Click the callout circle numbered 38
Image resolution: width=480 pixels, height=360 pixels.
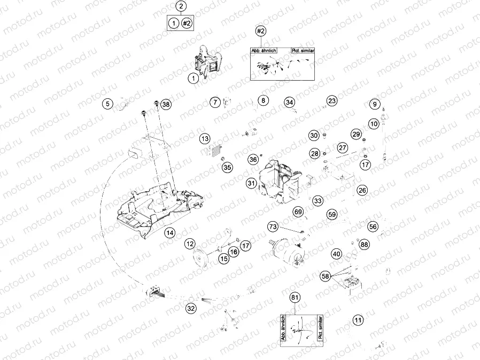[166, 105]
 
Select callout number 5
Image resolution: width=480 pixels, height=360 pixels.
[108, 104]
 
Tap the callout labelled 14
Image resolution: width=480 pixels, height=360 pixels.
[169, 232]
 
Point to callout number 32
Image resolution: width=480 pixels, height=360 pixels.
[191, 308]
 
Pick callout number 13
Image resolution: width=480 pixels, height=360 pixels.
[205, 139]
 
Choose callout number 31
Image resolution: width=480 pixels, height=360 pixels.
[251, 183]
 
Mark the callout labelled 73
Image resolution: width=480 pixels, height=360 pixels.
[273, 227]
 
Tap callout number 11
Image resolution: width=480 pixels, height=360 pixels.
[358, 320]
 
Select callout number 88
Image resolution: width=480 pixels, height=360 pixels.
[364, 244]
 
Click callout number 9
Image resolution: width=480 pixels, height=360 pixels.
[374, 104]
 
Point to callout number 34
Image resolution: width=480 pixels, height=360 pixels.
[289, 102]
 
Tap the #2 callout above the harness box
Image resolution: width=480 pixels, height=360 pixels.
[261, 31]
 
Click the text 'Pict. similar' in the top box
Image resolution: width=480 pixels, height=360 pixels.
[303, 50]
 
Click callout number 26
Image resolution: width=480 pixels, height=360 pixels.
[362, 190]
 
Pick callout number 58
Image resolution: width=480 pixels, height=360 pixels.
[326, 276]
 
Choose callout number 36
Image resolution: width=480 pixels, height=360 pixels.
[253, 159]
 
